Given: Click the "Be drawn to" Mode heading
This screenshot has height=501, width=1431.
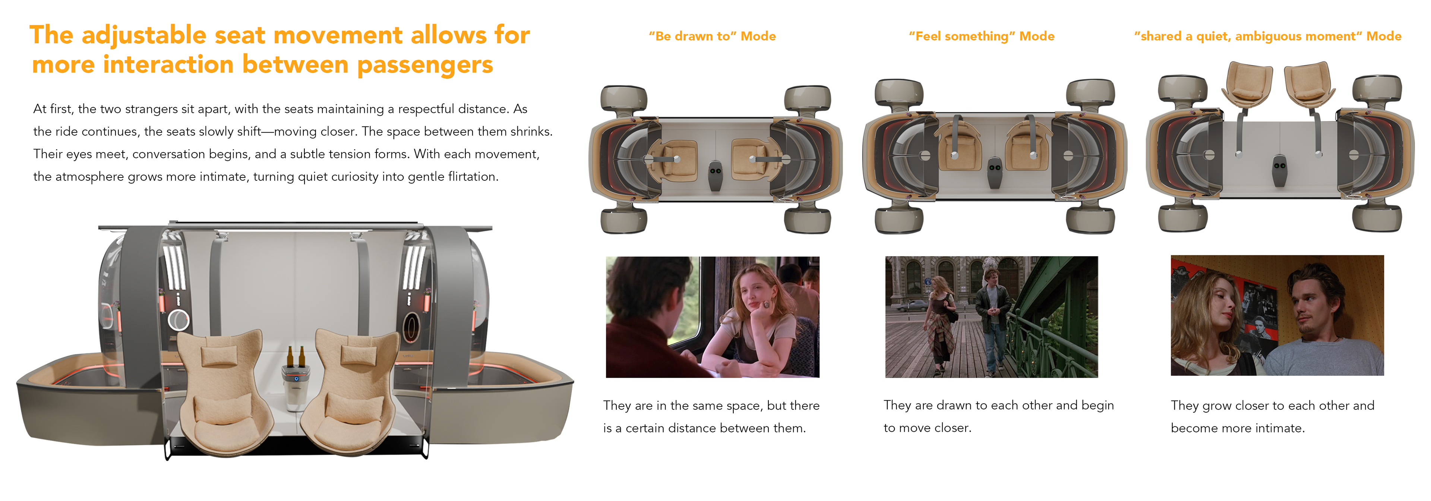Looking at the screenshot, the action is click(712, 36).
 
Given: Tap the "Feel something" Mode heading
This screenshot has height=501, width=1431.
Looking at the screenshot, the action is click(982, 36).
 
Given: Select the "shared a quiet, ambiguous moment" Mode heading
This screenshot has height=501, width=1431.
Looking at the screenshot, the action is click(1268, 36).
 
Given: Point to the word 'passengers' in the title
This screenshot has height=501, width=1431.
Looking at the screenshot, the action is click(425, 65).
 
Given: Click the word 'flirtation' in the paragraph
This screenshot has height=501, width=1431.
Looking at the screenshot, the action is click(472, 177).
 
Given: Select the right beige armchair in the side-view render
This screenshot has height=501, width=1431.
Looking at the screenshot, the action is click(353, 391).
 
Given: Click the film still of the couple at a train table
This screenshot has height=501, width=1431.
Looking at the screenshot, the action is click(712, 316).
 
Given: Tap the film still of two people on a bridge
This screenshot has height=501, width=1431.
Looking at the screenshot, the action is click(991, 316).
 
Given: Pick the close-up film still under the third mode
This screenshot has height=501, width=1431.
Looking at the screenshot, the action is click(1277, 315).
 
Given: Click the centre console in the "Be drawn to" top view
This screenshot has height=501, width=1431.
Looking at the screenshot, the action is click(715, 176).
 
